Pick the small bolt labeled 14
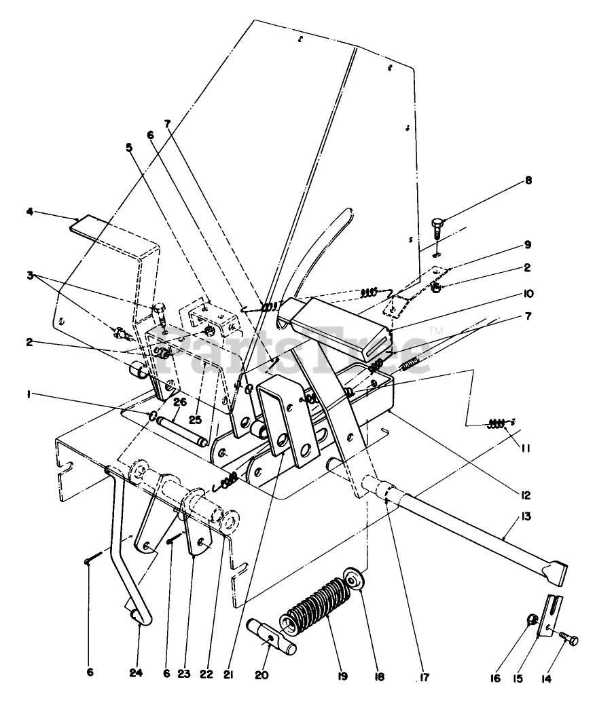pyautogui.click(x=568, y=639)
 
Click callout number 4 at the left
pyautogui.click(x=30, y=212)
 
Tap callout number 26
pyautogui.click(x=179, y=402)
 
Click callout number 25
pyautogui.click(x=196, y=420)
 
